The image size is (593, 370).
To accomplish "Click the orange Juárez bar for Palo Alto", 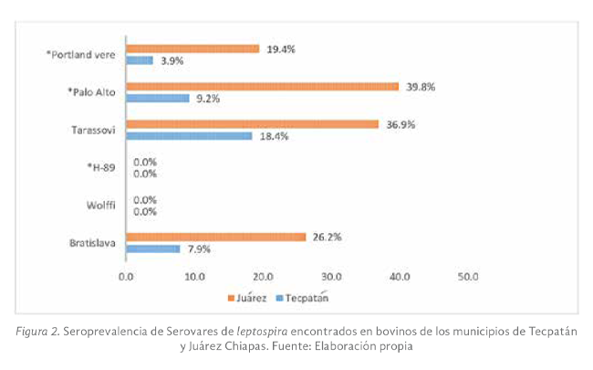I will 263,87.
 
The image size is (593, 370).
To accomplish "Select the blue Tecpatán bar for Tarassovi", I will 189,136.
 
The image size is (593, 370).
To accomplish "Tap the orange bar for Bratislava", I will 216,237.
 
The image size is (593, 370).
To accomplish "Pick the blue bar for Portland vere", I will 140,60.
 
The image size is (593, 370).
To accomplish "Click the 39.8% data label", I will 421,86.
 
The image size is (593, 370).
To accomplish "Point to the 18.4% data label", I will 274,136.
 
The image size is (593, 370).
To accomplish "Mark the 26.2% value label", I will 328,237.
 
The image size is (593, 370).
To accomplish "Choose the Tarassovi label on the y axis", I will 92,130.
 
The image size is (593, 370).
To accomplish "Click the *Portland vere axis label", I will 80,55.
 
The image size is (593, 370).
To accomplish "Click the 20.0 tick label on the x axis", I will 263,275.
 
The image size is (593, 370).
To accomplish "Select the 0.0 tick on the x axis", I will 126,275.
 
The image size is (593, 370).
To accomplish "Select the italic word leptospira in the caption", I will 261,329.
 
